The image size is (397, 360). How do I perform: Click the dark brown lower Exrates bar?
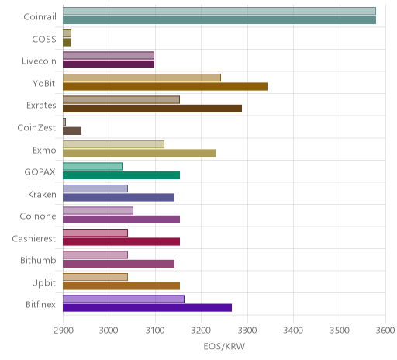152,109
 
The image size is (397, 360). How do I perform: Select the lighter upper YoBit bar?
142,78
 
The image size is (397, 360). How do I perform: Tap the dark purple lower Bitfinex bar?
147,308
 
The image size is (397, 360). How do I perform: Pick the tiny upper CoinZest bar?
64,122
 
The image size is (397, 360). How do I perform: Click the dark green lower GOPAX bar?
121,175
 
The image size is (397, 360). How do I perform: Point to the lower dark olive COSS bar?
67,43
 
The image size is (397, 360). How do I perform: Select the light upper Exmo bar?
113,144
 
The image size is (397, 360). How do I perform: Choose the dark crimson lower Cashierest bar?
121,241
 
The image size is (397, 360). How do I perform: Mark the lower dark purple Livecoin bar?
109,64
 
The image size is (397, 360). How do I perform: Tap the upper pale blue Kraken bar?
95,189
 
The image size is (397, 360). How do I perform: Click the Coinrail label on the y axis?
40,17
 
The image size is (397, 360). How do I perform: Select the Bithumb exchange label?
38,260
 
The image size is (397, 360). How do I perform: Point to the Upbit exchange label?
43,282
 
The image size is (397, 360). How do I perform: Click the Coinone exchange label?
38,216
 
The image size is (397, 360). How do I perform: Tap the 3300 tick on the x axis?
247,331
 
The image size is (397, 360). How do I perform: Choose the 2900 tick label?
64,331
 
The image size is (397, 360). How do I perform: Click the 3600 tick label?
385,331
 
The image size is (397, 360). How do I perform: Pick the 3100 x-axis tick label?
155,331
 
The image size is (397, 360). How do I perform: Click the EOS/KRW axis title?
224,346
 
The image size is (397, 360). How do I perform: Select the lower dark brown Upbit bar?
121,286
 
